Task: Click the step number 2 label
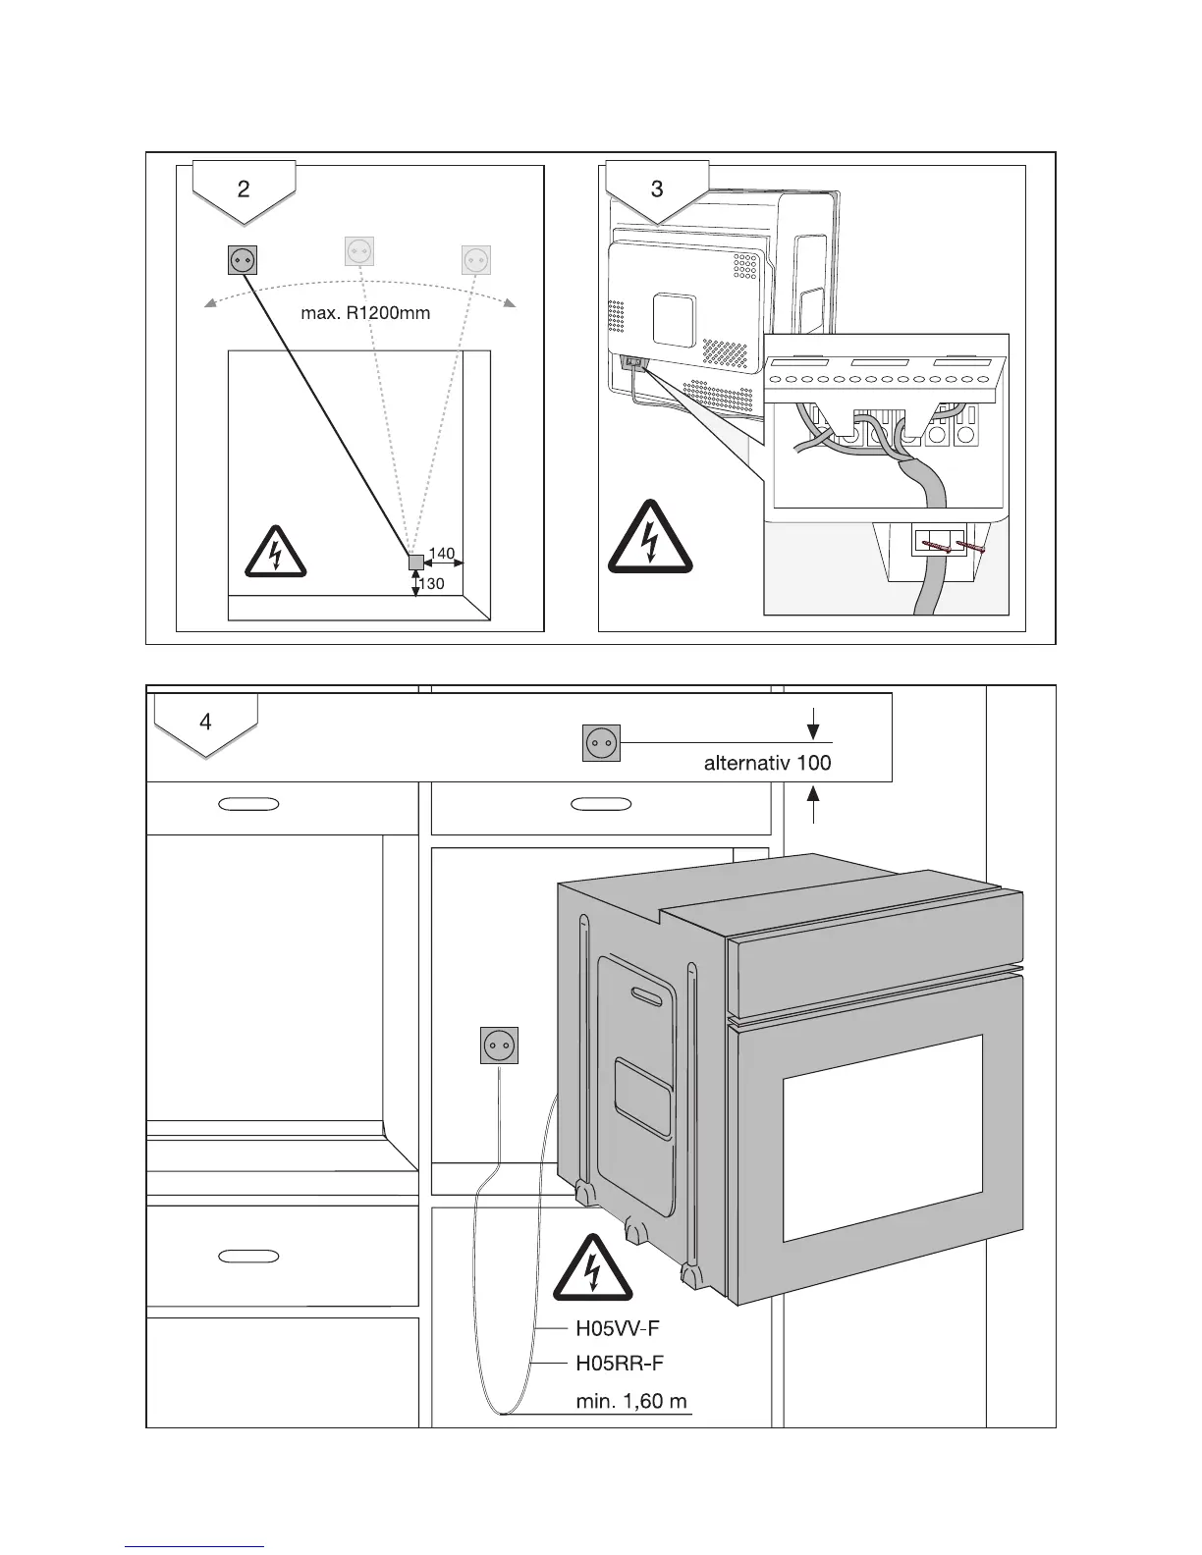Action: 244,188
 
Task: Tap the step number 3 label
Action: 657,188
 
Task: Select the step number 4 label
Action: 205,723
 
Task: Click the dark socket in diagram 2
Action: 242,259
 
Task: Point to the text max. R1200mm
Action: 365,314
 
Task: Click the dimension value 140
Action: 442,554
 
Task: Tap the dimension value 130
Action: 432,584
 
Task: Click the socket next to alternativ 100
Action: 601,743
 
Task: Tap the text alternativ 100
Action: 767,763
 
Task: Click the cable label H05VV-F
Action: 617,1329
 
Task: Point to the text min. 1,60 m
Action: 631,1401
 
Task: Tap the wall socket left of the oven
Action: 499,1046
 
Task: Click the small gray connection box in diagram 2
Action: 416,563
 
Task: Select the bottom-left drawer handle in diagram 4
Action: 248,1256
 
